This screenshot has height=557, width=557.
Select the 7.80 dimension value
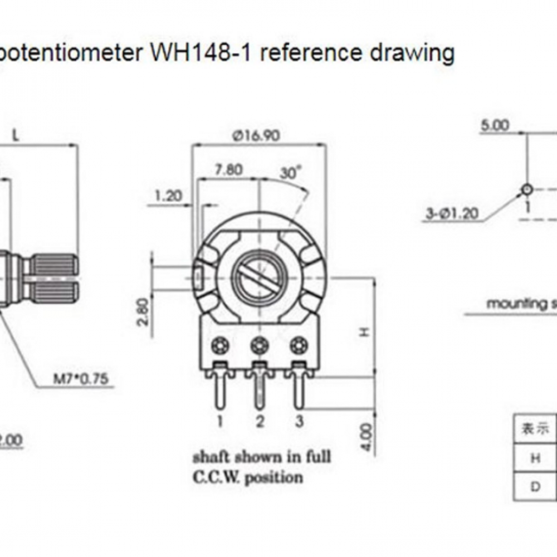pos(228,169)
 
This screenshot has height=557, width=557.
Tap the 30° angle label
pos(290,173)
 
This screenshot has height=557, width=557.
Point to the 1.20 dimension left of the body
pos(169,196)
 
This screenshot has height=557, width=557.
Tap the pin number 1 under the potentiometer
pos(220,422)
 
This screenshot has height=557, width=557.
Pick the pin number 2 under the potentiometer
pos(259,422)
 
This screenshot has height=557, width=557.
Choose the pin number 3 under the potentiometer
pos(299,422)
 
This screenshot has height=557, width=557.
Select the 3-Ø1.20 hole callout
pos(452,213)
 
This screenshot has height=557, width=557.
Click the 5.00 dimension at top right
pos(495,125)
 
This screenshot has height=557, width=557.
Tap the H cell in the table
pos(535,458)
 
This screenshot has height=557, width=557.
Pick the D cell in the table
pos(535,487)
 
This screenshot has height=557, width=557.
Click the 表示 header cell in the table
pos(535,429)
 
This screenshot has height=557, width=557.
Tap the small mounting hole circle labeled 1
pos(527,190)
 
